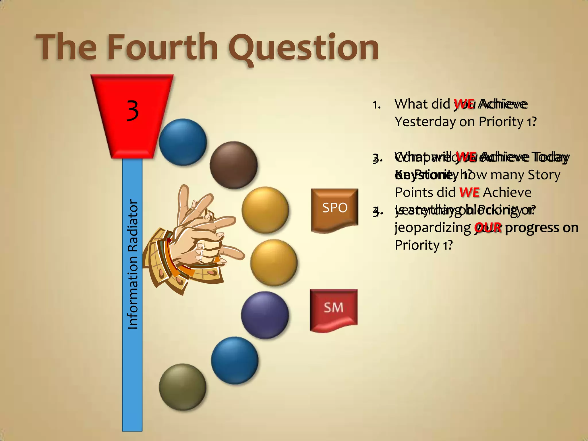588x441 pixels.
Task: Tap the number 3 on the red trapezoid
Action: (x=132, y=111)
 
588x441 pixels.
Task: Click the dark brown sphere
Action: (x=233, y=165)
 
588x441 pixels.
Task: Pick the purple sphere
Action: (x=265, y=315)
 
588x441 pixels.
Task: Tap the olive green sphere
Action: (x=183, y=387)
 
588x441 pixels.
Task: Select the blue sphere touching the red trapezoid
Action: (x=183, y=142)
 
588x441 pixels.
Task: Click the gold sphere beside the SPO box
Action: (x=265, y=210)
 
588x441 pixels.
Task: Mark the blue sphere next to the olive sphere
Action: (x=235, y=360)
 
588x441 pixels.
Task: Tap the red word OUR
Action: (x=488, y=228)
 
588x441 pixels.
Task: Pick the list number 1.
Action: (x=376, y=105)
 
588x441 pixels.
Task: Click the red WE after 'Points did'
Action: (x=469, y=192)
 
